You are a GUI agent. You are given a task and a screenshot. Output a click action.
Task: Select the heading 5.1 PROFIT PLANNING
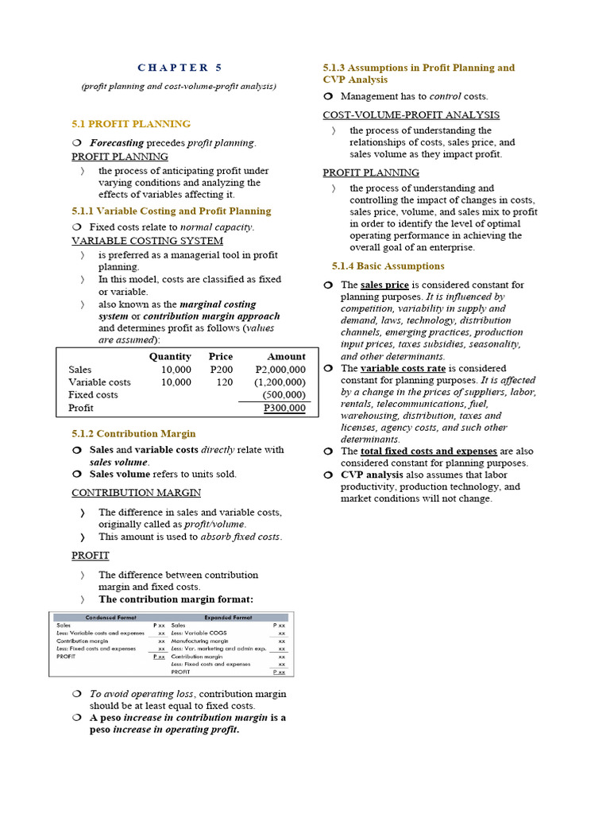point(131,124)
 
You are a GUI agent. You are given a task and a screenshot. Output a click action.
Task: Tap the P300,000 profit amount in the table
point(284,408)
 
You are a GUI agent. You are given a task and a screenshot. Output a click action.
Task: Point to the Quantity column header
point(170,357)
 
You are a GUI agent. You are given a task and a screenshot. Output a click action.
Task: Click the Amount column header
point(286,357)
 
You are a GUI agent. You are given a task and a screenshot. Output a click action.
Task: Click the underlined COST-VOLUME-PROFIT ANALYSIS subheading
point(411,115)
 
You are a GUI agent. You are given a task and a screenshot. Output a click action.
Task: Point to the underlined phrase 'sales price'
point(384,285)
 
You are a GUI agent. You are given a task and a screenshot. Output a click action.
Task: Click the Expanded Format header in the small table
point(229,618)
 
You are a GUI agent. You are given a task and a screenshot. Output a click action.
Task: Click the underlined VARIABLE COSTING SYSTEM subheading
point(147,241)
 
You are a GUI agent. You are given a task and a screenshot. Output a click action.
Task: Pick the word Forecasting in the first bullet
point(117,143)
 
